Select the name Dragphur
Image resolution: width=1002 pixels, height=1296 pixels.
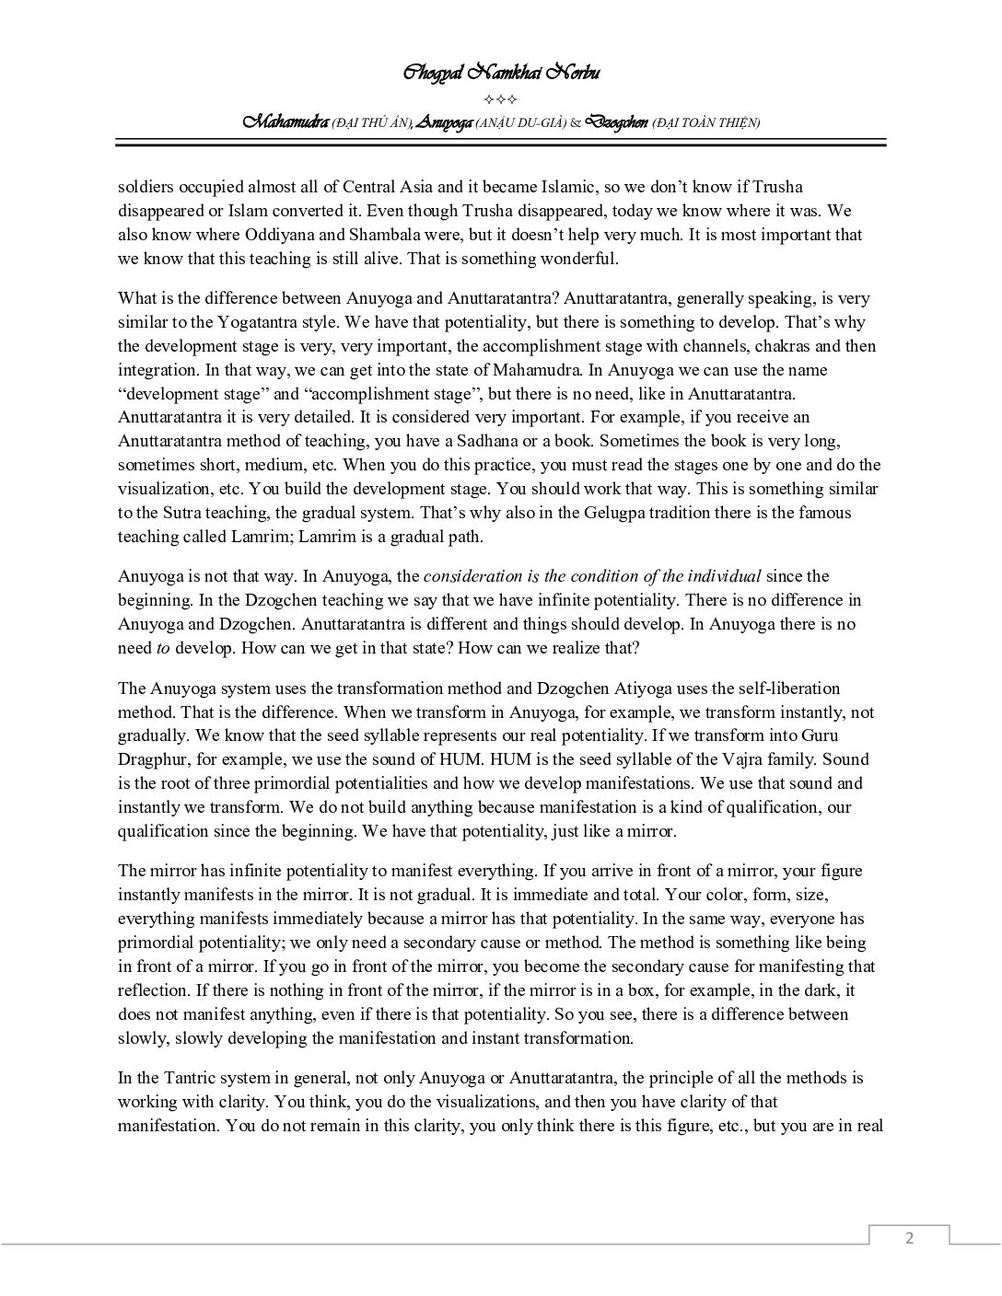click(x=152, y=760)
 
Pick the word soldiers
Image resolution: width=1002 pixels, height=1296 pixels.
click(x=146, y=187)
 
